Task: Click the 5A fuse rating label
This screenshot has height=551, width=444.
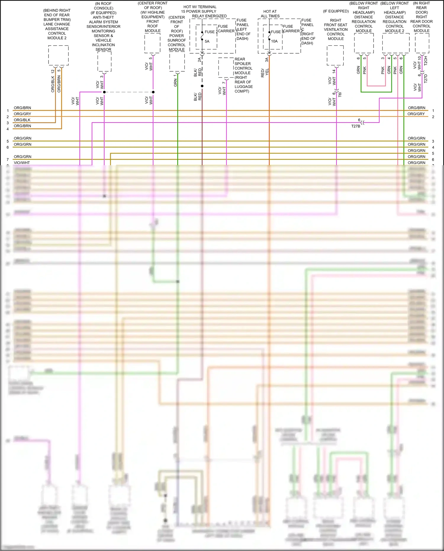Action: [x=207, y=41]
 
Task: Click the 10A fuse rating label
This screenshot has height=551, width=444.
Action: [x=274, y=41]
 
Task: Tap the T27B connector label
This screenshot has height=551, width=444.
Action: [x=355, y=126]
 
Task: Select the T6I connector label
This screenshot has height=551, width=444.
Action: [x=340, y=94]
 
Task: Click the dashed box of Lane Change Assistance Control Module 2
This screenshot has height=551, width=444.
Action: [x=58, y=55]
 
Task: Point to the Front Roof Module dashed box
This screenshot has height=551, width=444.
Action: [x=152, y=43]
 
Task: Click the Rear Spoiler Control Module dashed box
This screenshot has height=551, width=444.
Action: [x=226, y=68]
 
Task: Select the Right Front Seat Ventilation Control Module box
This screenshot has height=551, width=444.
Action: [x=335, y=55]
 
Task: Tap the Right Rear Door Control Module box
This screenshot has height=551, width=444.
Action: [x=422, y=43]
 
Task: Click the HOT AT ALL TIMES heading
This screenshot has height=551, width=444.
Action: [x=270, y=14]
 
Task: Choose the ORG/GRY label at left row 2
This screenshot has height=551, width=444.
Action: [x=22, y=114]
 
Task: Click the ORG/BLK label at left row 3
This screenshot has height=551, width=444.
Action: [x=22, y=120]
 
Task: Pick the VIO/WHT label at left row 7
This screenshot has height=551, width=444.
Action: [x=22, y=163]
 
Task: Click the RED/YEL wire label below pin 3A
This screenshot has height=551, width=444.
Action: [x=265, y=73]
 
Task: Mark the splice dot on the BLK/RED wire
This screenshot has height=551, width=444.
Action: [x=202, y=86]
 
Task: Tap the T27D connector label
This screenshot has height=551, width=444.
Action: [x=426, y=78]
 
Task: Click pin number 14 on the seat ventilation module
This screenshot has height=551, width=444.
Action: [x=334, y=71]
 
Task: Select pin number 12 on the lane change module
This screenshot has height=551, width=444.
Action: [x=53, y=71]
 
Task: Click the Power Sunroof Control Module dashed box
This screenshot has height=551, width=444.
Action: [x=177, y=62]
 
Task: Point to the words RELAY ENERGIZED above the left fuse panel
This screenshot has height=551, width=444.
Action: [x=209, y=16]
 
